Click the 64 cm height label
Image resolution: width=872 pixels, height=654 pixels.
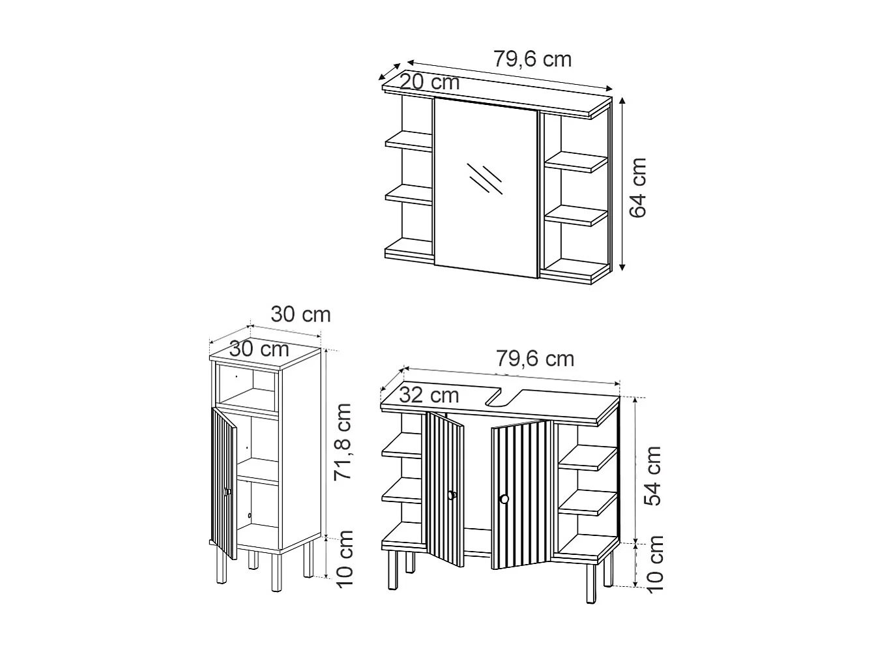(637, 187)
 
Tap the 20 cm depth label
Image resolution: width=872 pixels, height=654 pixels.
(429, 83)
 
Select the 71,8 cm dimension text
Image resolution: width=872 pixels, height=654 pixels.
(343, 441)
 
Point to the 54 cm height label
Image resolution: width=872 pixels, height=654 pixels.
(652, 476)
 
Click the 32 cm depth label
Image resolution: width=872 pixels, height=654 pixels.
(429, 395)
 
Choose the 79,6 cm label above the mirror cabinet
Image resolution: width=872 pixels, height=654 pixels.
(532, 59)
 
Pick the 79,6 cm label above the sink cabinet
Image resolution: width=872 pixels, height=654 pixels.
(534, 359)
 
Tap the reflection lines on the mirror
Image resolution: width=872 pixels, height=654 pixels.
(486, 178)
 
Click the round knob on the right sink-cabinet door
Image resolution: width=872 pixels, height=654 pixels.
(503, 499)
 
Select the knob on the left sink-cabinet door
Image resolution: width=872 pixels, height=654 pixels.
(451, 496)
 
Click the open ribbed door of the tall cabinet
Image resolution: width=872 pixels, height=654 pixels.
(223, 483)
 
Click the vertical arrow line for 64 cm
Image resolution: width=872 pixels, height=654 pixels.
(622, 184)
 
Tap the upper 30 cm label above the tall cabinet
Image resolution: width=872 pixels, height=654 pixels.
(301, 315)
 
